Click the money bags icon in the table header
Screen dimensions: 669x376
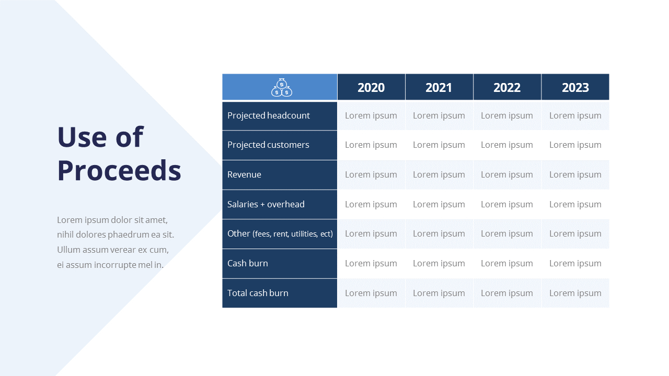point(281,87)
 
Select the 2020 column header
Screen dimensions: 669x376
point(371,87)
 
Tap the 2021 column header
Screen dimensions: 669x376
point(439,87)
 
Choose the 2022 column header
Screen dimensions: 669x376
point(507,87)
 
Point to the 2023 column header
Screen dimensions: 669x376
point(575,87)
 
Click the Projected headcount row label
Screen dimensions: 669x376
point(269,115)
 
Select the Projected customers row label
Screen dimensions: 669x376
point(268,145)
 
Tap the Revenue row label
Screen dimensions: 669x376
point(244,174)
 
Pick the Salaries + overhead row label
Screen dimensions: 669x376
point(266,204)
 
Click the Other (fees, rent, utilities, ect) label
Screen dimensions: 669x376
point(280,233)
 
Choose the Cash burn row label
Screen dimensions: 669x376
point(248,263)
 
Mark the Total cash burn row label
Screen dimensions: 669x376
point(258,293)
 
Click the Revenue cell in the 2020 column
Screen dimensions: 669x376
point(371,174)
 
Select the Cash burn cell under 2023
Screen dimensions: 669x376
point(575,264)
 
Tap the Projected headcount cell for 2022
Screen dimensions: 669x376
point(507,115)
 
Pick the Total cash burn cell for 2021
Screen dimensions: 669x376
point(439,293)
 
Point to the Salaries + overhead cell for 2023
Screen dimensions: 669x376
point(575,204)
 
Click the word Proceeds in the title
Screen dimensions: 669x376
point(119,170)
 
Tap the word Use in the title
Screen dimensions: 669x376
point(82,137)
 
